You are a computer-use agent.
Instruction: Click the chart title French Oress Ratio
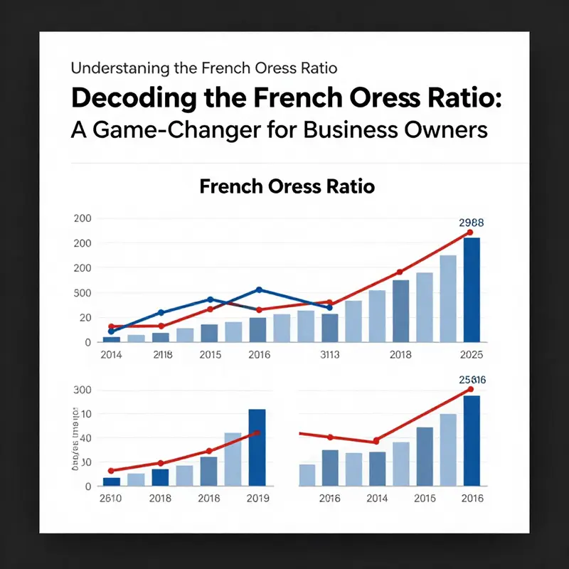[287, 187]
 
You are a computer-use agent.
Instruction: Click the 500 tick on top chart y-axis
[83, 293]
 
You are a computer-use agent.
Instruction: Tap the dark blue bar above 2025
[471, 289]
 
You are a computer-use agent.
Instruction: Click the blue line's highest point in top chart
[259, 289]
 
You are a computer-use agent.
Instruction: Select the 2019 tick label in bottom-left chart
[257, 499]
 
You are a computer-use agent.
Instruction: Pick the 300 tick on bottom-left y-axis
[83, 390]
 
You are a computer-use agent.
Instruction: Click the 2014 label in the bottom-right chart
[377, 499]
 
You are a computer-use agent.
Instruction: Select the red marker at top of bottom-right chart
[470, 389]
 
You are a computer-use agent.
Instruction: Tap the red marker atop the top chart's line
[469, 233]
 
